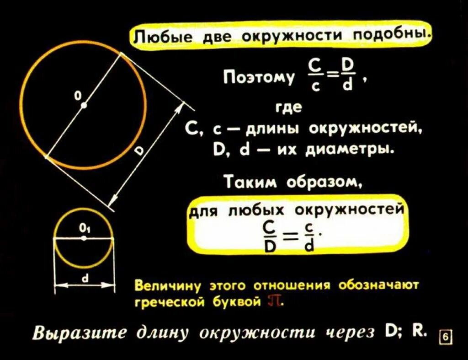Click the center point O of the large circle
pos(84,105)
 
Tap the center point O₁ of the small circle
pos(83,238)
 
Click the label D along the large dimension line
pos(139,152)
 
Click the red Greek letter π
pos(275,301)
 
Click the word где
pos(289,108)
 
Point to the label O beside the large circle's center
pos(77,96)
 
